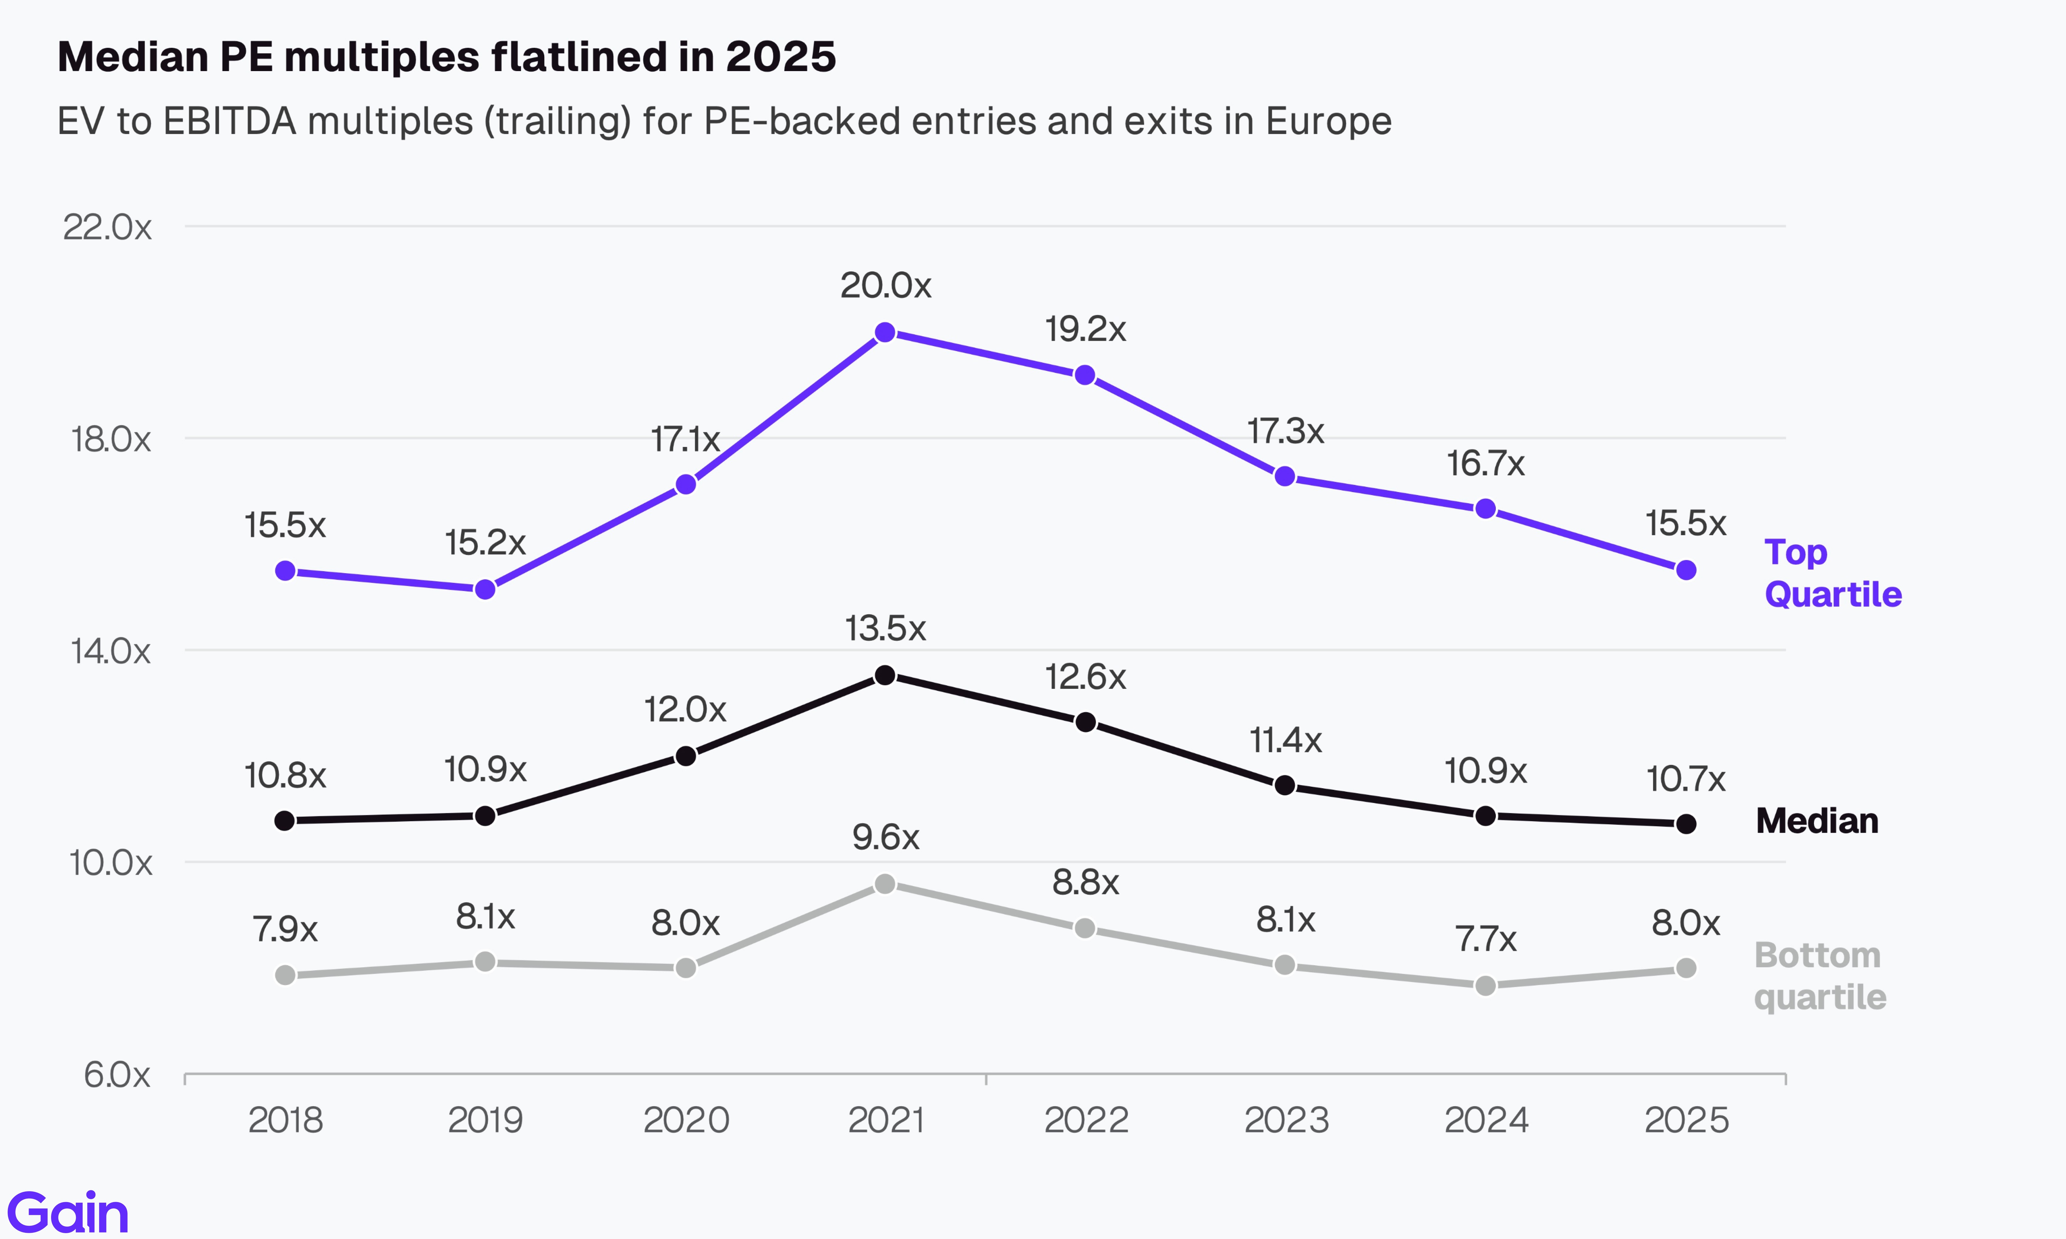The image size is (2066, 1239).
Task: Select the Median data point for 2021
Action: click(885, 675)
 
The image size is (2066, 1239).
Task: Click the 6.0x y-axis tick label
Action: click(117, 1074)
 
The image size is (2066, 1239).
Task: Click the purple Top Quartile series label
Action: click(1832, 573)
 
